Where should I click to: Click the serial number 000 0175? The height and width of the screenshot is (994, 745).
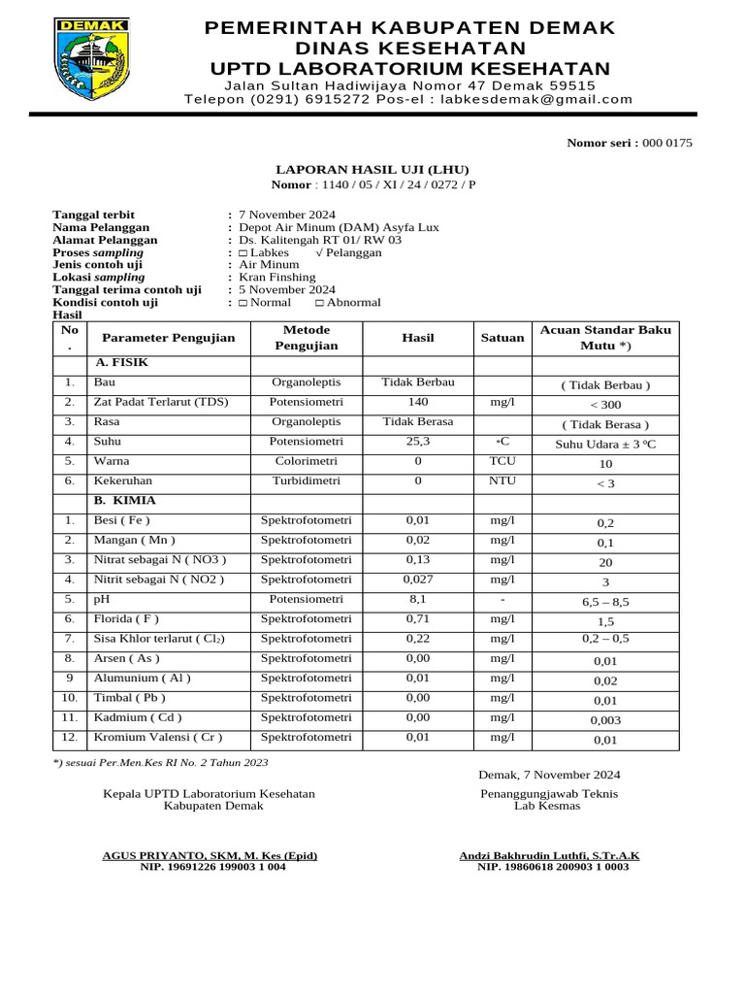pos(667,144)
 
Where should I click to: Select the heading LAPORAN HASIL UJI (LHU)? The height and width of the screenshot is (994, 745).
pos(372,168)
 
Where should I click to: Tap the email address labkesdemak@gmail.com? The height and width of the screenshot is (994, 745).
pos(535,99)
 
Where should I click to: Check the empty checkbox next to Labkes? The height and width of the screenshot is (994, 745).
pos(243,252)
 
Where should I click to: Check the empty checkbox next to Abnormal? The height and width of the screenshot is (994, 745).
pos(320,303)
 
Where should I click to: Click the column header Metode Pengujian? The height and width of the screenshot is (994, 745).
pos(307,337)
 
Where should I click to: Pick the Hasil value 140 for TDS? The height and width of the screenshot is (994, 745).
pos(417,402)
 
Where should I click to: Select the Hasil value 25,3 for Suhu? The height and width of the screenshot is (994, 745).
pos(417,442)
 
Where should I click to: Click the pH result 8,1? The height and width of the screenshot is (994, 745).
pos(417,600)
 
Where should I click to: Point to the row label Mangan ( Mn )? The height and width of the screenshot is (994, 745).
pos(134,540)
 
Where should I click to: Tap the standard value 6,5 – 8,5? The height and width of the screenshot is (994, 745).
pos(605,602)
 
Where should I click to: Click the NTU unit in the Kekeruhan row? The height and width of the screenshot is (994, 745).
pos(502,480)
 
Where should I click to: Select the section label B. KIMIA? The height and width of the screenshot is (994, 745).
pos(125,501)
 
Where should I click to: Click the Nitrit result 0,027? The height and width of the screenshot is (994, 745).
pos(417,580)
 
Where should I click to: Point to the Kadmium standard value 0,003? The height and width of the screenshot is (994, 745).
pos(605,720)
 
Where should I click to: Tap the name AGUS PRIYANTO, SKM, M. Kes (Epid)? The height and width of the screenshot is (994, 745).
pos(210,855)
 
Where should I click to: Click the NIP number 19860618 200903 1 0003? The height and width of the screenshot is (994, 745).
pos(553,867)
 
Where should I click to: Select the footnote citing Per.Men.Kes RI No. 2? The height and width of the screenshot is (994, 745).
pos(160,764)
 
